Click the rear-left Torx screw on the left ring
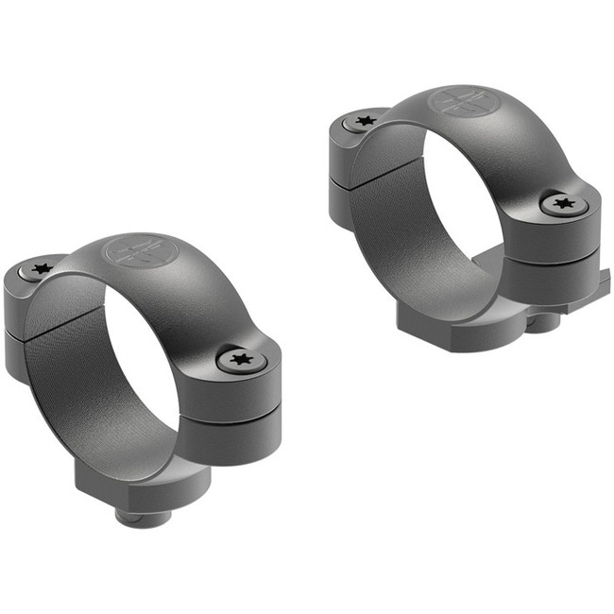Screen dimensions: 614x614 [40, 269]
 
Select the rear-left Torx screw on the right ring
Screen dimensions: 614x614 [362, 121]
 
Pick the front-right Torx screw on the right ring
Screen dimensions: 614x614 [565, 202]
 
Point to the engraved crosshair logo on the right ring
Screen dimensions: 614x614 [462, 103]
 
